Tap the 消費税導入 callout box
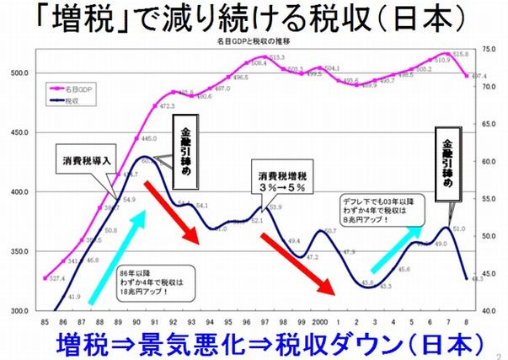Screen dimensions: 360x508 88,160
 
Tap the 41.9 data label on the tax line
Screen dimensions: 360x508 74,297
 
